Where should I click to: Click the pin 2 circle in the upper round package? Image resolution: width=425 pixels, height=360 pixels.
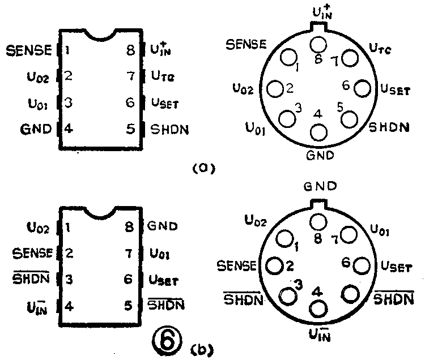[275, 88]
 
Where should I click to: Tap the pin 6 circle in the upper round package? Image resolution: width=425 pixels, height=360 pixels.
[363, 88]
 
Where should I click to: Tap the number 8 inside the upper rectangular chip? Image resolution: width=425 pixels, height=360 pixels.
[131, 50]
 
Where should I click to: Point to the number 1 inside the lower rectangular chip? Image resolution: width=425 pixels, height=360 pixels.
[67, 228]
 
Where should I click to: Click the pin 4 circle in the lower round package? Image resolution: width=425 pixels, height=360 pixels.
[318, 308]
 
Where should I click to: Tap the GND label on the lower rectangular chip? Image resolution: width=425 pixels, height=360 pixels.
[163, 227]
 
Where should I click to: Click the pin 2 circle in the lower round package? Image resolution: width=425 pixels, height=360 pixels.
[274, 264]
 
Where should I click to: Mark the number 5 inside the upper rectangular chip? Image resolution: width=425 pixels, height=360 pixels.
[131, 129]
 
